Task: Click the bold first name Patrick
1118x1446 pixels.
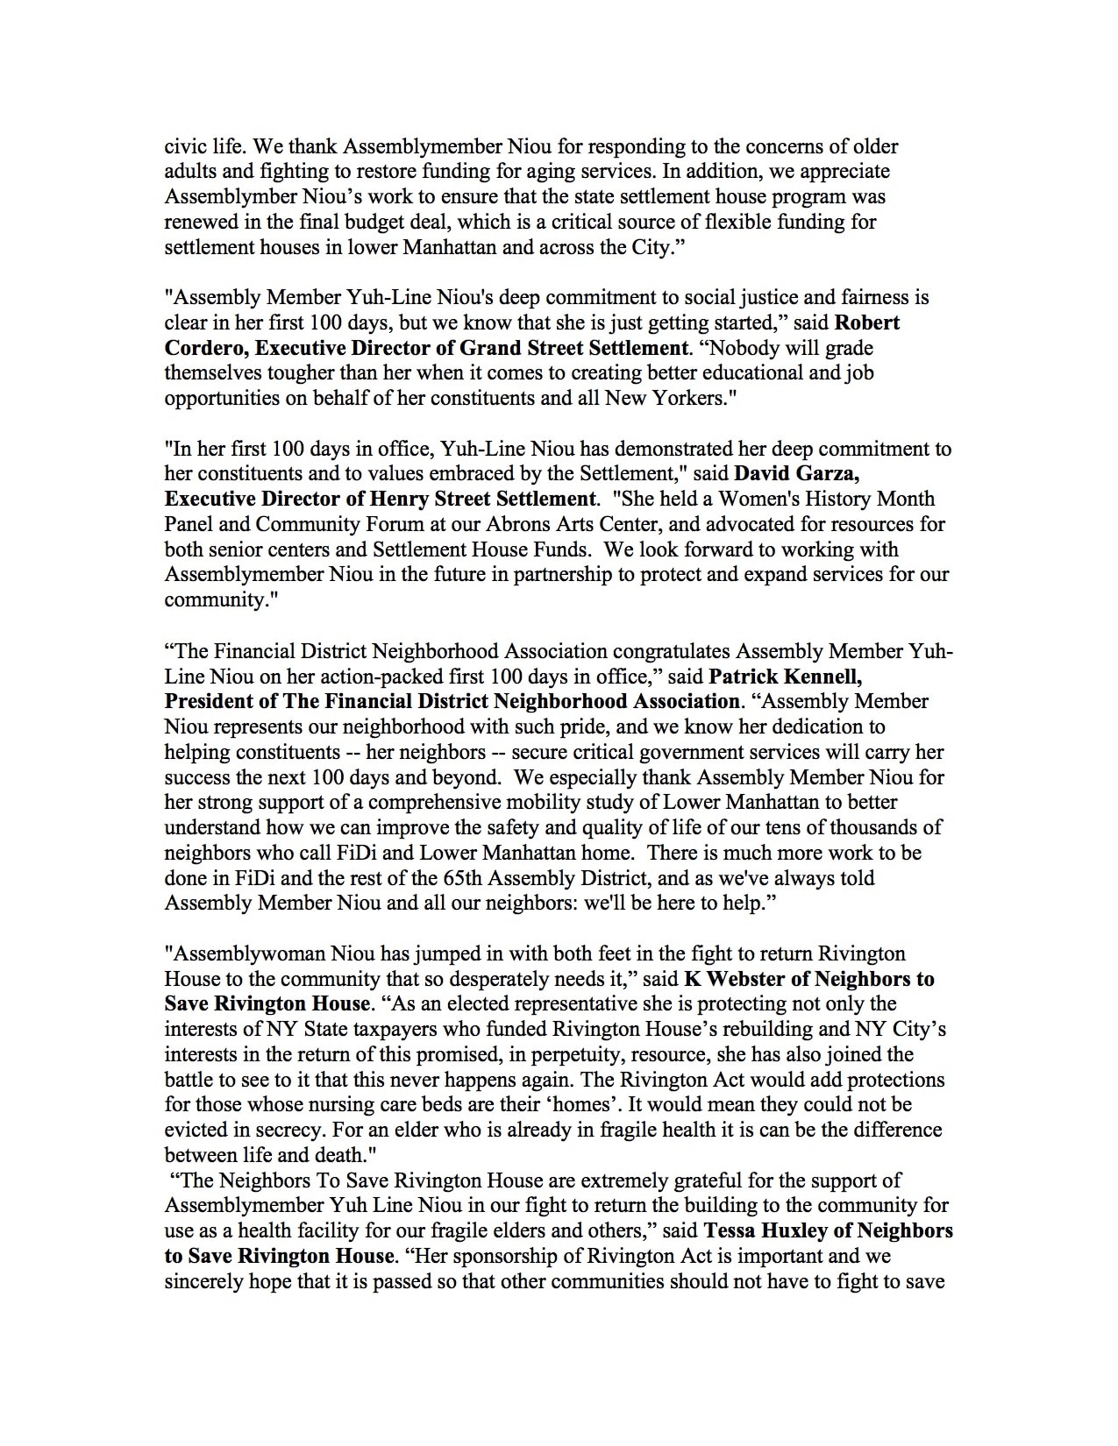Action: [744, 677]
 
